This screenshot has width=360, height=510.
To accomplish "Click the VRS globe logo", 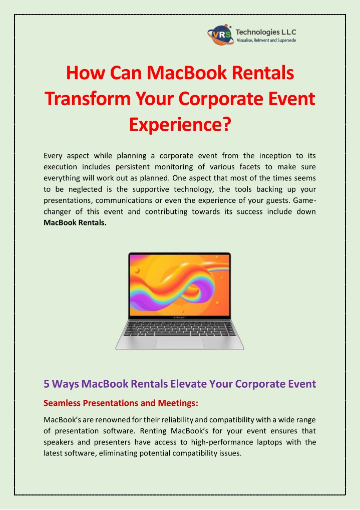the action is click(220, 35).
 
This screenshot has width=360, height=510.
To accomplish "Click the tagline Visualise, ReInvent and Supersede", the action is click(266, 41).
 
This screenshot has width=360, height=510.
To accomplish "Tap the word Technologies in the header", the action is click(257, 32).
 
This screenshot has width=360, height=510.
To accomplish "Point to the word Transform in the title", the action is click(88, 98).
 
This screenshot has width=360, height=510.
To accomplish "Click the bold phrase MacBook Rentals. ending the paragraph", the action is click(75, 223).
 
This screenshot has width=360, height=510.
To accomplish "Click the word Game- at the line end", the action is click(304, 200).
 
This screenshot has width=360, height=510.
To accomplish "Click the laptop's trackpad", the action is click(180, 343).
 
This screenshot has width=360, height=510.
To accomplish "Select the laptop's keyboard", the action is click(180, 328).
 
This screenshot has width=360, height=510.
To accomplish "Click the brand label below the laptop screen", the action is click(180, 317).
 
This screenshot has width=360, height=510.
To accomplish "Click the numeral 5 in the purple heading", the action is click(47, 384).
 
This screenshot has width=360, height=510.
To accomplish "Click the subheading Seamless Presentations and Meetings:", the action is click(121, 403).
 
